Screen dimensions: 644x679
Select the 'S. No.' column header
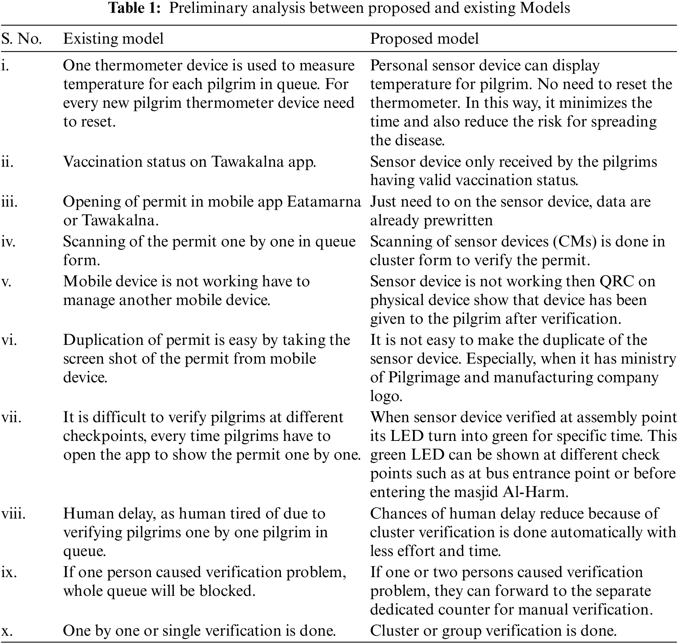[22, 39]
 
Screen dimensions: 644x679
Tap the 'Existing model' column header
[113, 39]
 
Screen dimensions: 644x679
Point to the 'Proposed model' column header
[424, 39]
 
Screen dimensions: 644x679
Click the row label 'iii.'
[9, 202]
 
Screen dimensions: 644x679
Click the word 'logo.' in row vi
[386, 396]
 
